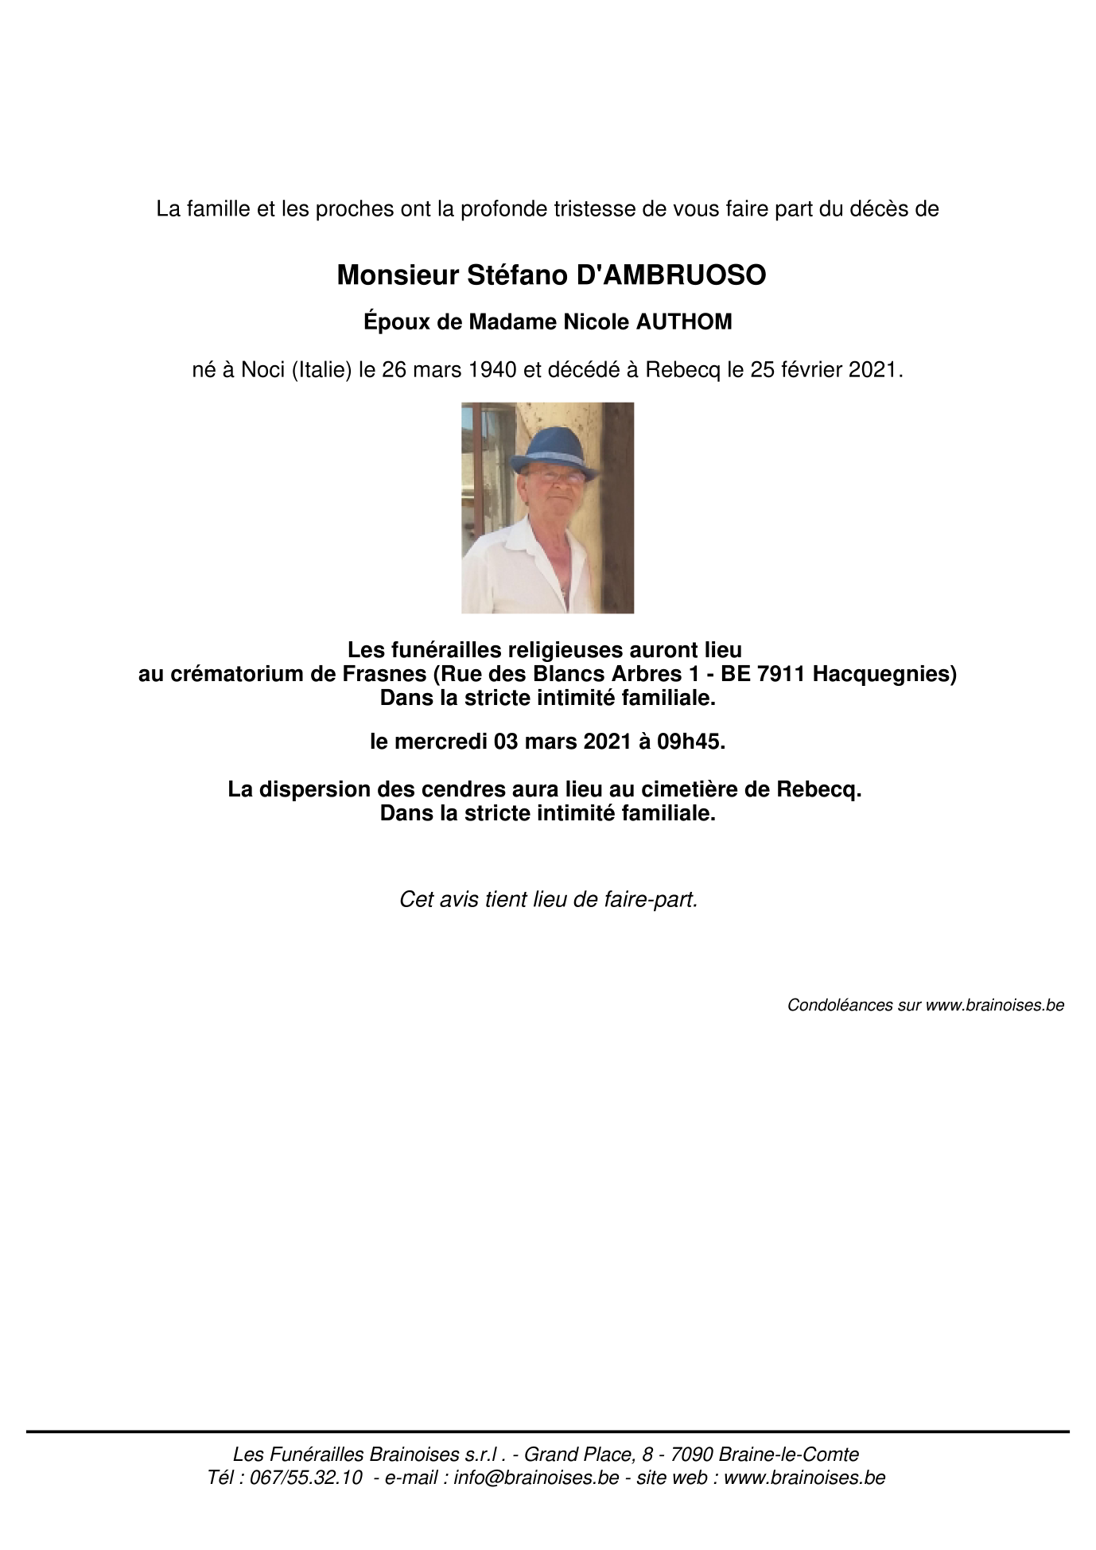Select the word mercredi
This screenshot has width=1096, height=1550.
(x=445, y=742)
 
